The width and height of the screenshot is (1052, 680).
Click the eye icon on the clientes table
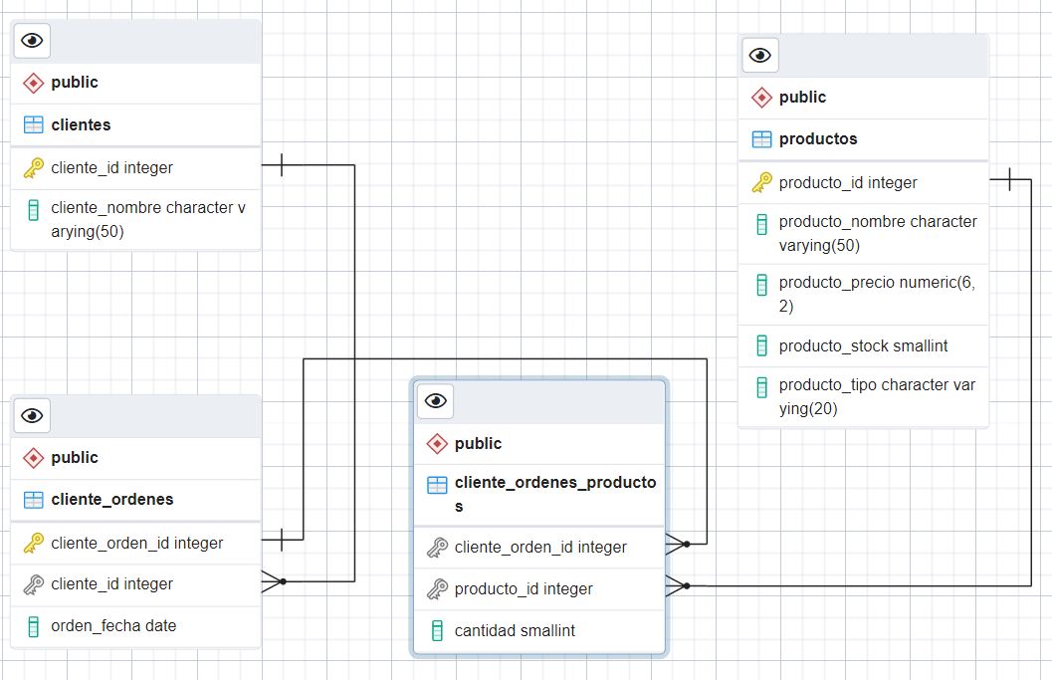click(x=33, y=40)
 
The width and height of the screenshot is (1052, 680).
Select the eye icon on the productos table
click(x=760, y=55)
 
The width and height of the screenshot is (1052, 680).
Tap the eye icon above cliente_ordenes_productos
click(x=436, y=400)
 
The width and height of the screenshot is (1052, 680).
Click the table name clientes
click(x=81, y=124)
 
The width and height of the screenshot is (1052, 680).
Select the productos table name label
click(x=817, y=138)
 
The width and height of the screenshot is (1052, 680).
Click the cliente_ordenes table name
click(x=111, y=499)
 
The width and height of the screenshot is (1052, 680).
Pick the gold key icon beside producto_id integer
click(x=761, y=182)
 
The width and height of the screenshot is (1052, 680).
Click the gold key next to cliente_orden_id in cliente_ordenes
click(x=33, y=543)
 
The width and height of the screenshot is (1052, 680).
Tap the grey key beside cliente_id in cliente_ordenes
click(x=33, y=584)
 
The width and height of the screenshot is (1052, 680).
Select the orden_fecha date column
click(x=113, y=626)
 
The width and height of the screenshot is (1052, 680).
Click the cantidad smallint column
click(x=515, y=630)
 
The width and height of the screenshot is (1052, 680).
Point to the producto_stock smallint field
click(x=863, y=345)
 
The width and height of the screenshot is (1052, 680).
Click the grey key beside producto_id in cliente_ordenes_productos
click(x=436, y=589)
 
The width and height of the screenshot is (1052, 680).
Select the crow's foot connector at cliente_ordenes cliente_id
click(x=272, y=581)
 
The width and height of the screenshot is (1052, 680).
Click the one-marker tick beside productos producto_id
click(x=1010, y=179)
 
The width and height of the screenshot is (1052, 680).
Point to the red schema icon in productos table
click(x=761, y=98)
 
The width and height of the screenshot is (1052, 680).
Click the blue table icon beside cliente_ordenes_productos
click(x=436, y=485)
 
